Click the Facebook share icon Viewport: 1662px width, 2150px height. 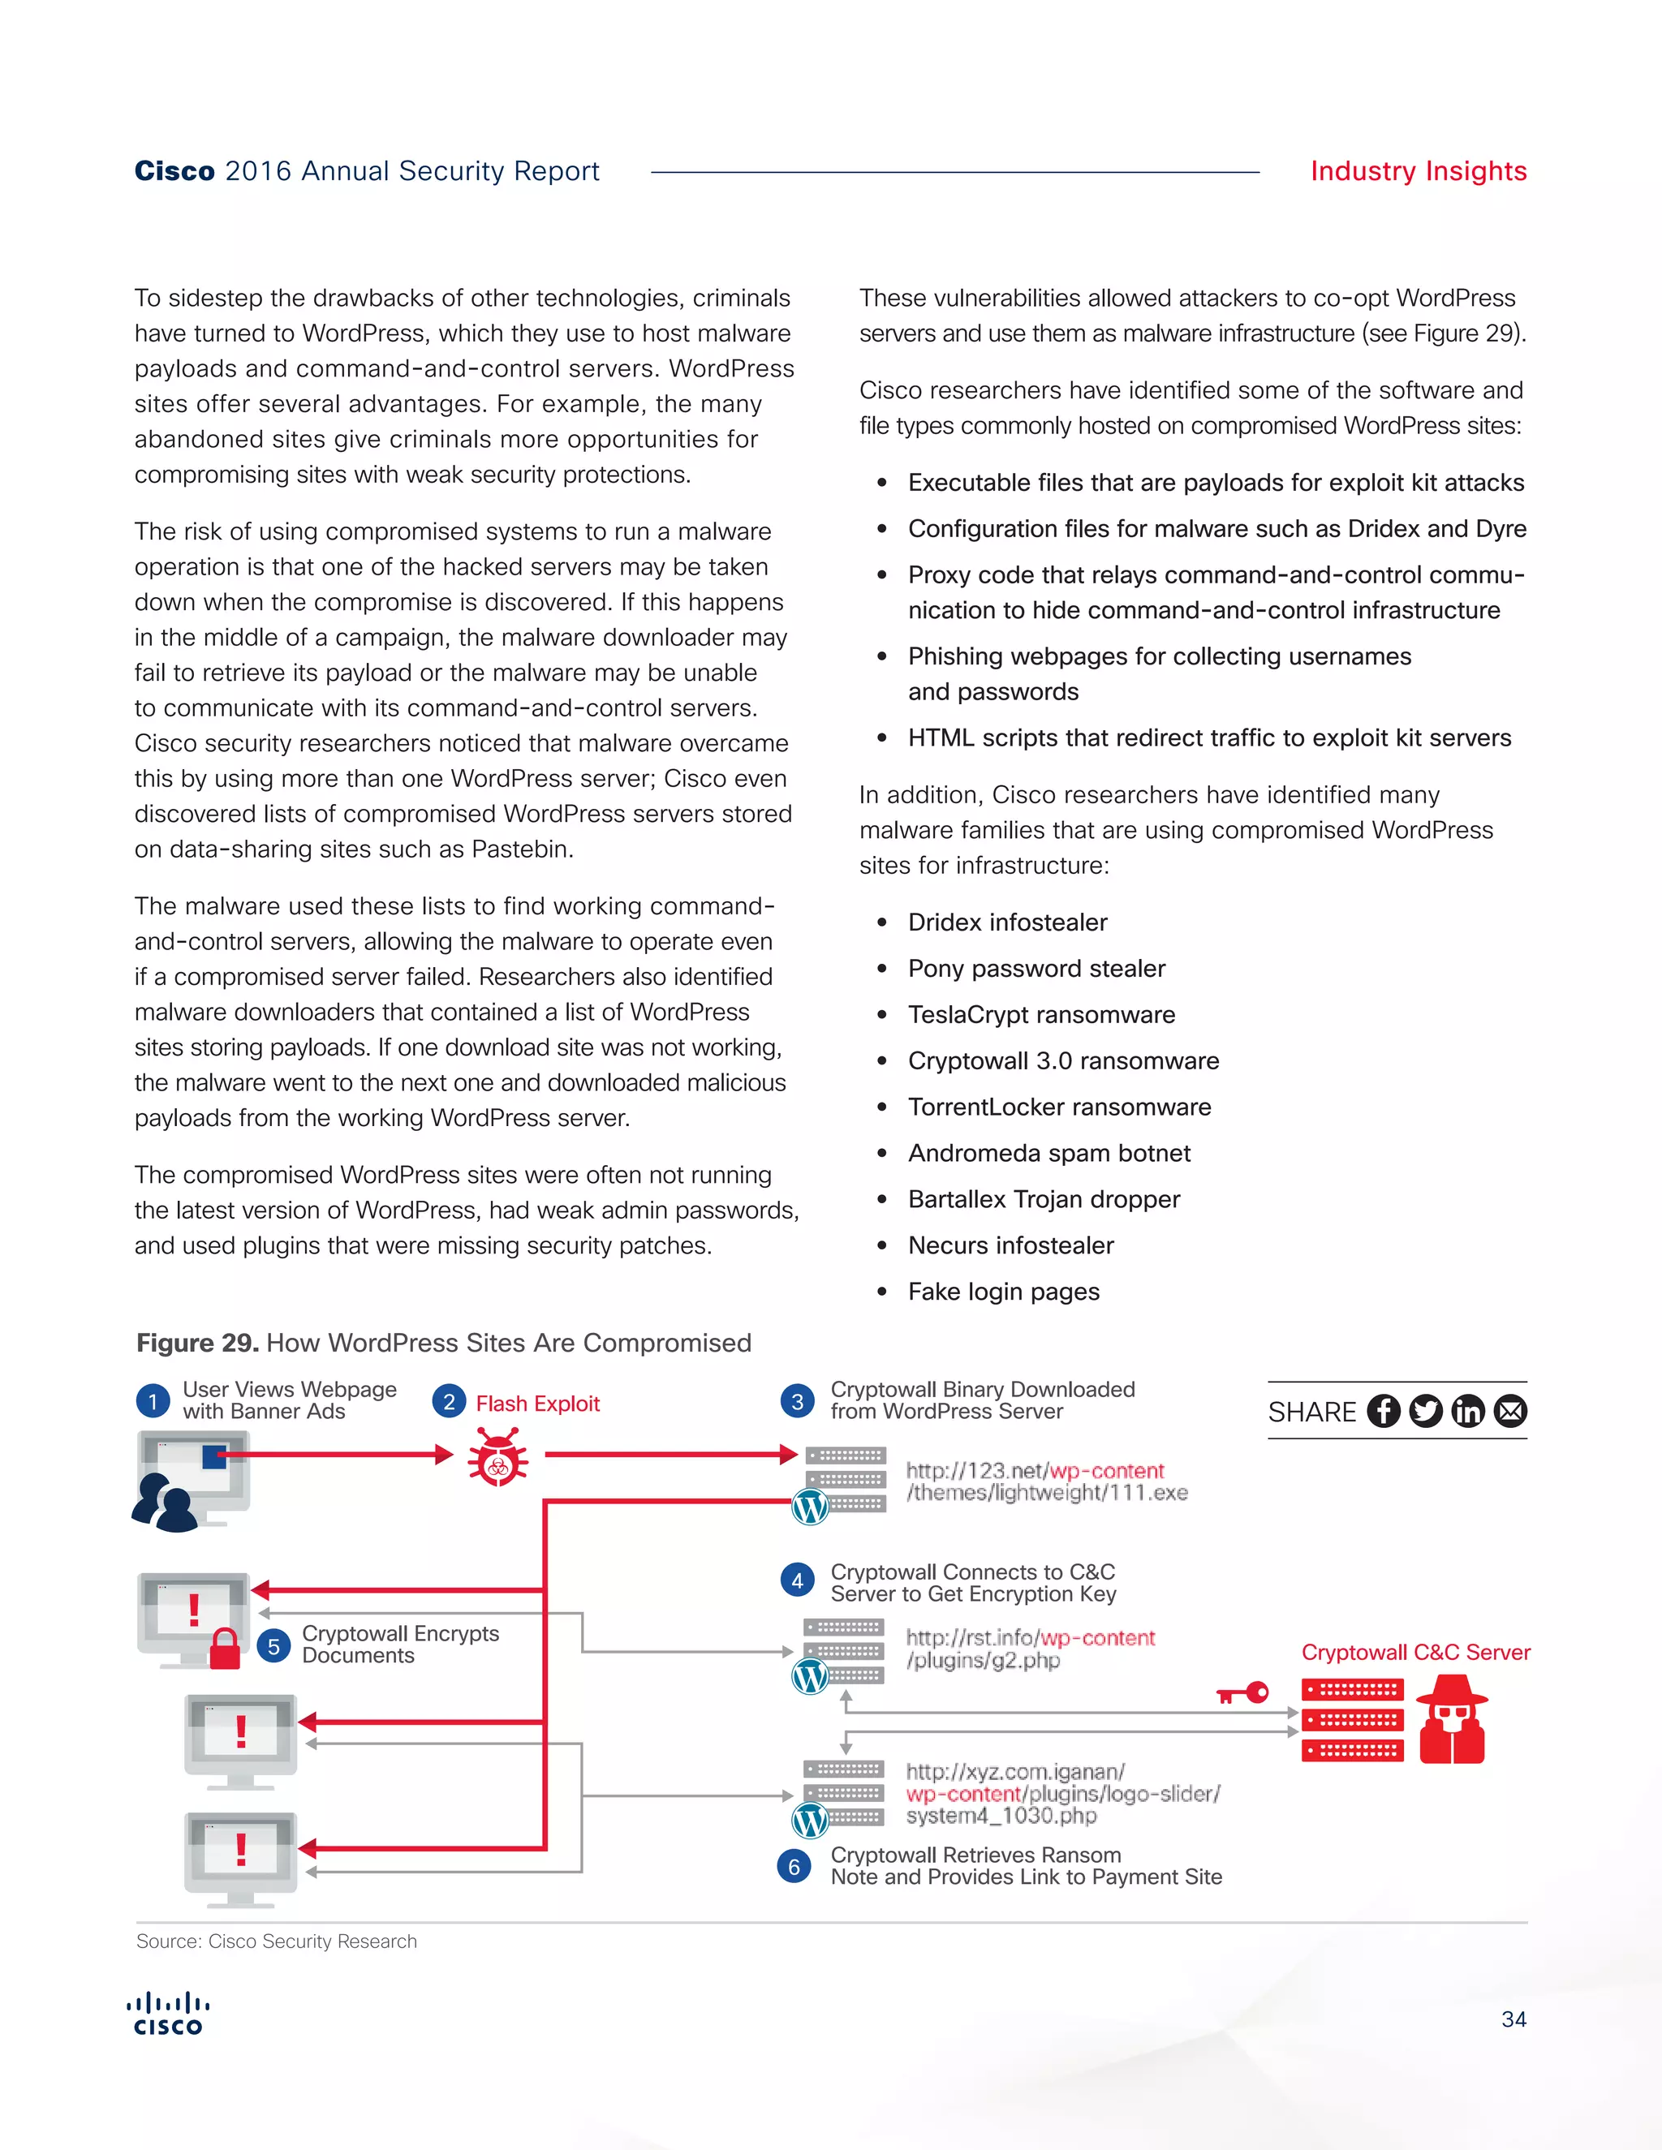pos(1384,1411)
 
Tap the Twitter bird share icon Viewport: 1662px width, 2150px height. pos(1426,1411)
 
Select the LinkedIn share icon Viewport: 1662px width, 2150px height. pos(1468,1411)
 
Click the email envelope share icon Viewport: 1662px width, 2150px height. pos(1510,1411)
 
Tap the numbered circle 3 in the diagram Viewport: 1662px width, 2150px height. pos(797,1401)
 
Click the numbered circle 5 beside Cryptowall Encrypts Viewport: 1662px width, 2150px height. pos(273,1646)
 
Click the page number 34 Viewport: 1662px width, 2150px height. pos(1513,2019)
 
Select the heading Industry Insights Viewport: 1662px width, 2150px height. pos(1418,171)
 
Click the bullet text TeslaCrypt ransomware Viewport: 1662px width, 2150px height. pos(1040,1015)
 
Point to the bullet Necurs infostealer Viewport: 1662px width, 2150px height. pos(1010,1245)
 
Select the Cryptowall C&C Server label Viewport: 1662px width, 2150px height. pos(1414,1653)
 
